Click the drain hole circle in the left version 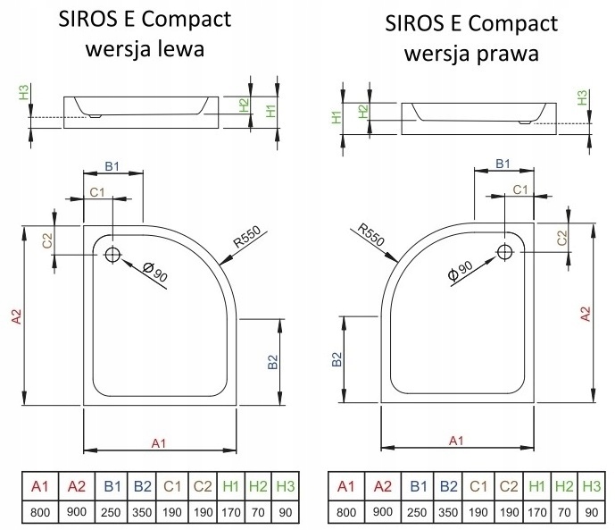click(x=112, y=254)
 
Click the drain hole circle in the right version click(x=505, y=254)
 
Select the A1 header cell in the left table click(x=38, y=486)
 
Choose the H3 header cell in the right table click(x=590, y=486)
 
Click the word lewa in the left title click(x=179, y=49)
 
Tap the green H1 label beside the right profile click(x=337, y=116)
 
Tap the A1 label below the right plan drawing click(x=455, y=440)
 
